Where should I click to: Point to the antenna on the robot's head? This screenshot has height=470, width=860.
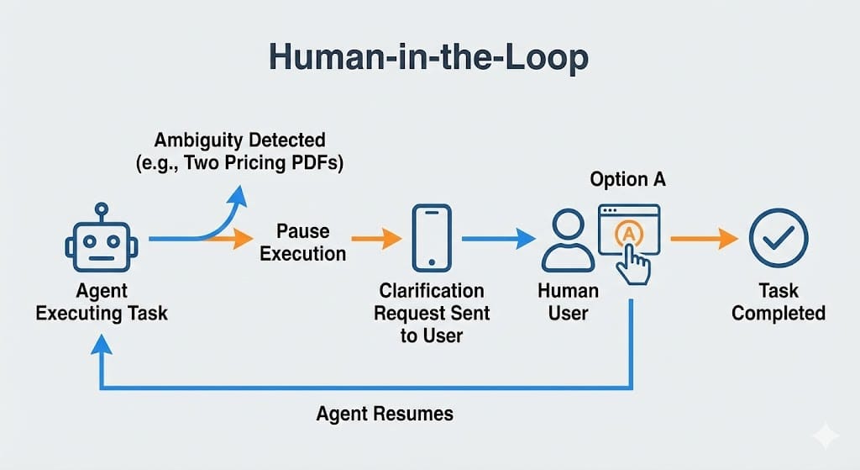click(101, 208)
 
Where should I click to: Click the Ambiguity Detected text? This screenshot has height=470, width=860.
click(239, 139)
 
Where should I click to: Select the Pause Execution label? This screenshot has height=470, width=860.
click(302, 242)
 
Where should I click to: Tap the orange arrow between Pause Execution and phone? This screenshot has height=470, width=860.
click(375, 239)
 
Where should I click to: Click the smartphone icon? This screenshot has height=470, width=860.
click(431, 238)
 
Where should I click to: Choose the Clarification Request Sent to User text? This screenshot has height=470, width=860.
click(432, 313)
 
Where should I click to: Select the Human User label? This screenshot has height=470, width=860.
click(568, 302)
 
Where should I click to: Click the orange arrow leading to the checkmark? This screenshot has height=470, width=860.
click(704, 239)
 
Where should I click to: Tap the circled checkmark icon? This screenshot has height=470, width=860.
click(778, 239)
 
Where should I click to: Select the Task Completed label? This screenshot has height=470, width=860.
click(778, 302)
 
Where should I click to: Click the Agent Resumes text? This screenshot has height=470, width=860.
click(385, 414)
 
